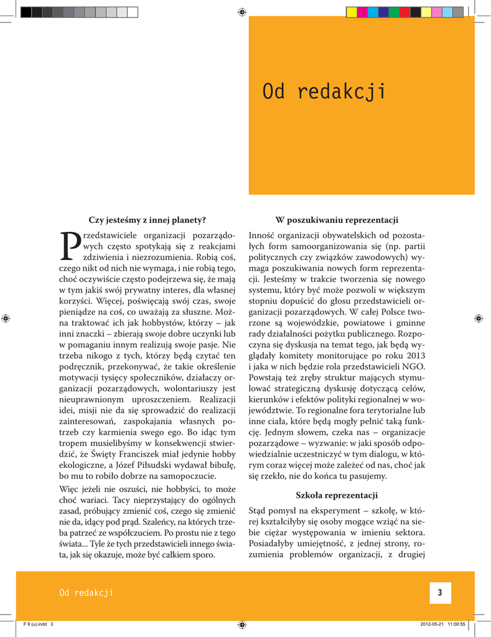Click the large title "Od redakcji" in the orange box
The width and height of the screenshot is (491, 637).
click(324, 92)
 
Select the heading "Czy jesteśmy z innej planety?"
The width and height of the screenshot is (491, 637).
click(147, 220)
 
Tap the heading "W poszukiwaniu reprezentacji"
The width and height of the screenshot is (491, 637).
click(337, 220)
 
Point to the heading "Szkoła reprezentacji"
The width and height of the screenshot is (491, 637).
click(337, 495)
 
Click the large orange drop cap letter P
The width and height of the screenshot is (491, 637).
click(70, 246)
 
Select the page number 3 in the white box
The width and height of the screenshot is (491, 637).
click(439, 593)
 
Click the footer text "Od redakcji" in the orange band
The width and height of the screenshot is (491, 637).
click(86, 593)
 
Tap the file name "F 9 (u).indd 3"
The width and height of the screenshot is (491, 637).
click(38, 625)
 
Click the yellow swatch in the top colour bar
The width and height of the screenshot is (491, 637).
click(352, 12)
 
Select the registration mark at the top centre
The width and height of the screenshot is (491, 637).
click(243, 12)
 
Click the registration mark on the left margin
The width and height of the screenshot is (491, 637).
click(6, 318)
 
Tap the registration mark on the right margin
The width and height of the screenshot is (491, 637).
click(478, 318)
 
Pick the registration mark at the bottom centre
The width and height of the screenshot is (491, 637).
click(243, 624)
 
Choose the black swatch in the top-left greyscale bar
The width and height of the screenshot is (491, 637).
click(26, 12)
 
